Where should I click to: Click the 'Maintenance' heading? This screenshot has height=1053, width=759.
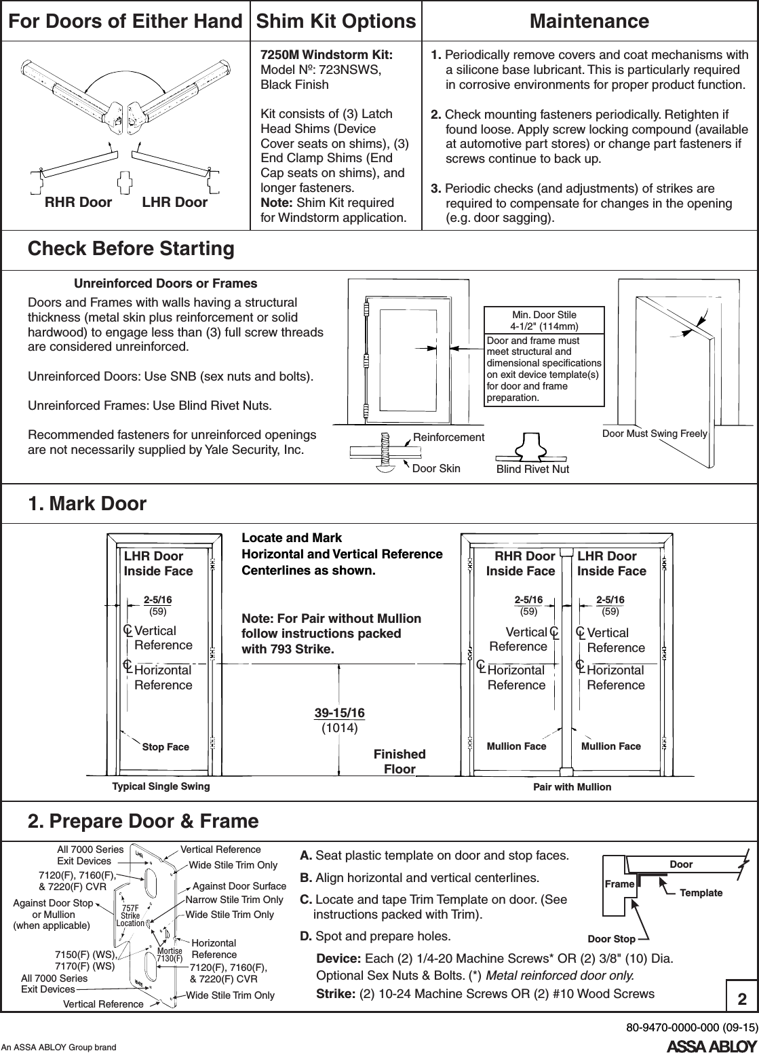(589, 21)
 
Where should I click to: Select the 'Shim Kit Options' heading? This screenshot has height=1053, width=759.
(335, 21)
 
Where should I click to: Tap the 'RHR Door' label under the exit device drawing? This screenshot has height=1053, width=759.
(78, 202)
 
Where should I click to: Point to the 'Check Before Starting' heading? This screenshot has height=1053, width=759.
(130, 249)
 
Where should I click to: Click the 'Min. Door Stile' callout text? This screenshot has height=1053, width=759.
(543, 315)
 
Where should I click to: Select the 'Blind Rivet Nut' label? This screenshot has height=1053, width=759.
(533, 470)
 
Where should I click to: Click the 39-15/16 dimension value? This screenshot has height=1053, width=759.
(339, 712)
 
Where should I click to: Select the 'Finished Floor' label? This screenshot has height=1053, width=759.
(400, 761)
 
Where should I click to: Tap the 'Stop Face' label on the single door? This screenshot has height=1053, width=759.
(166, 747)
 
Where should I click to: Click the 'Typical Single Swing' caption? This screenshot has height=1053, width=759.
(161, 787)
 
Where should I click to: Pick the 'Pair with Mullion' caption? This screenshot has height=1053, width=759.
(572, 787)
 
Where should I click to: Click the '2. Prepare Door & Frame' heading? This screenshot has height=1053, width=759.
(143, 822)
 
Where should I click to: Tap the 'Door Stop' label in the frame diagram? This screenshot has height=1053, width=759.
(611, 939)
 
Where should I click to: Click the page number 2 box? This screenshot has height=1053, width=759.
(742, 999)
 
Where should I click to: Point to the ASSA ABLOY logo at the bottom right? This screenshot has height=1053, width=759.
(712, 1045)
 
